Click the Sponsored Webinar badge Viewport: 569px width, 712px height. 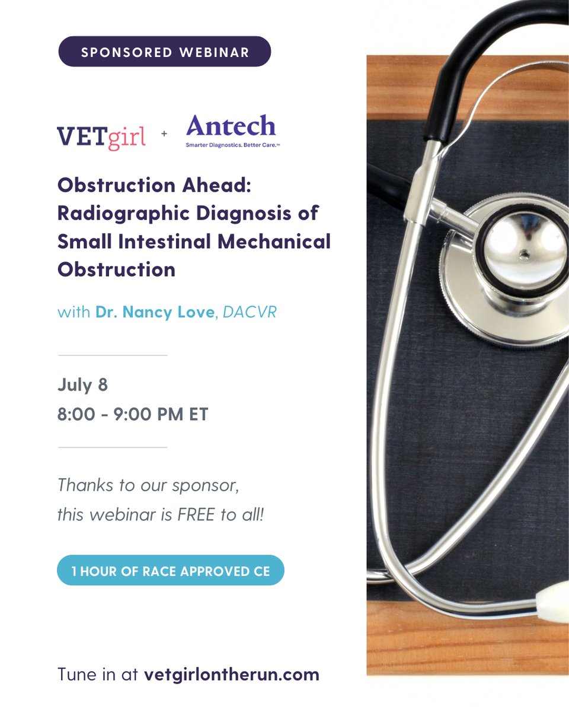pyautogui.click(x=164, y=52)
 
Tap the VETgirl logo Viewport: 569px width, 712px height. pyautogui.click(x=101, y=136)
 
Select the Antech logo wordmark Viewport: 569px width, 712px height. pyautogui.click(x=231, y=126)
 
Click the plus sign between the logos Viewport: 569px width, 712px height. pyautogui.click(x=164, y=135)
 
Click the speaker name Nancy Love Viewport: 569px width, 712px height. pyautogui.click(x=155, y=312)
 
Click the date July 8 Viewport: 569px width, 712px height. pyautogui.click(x=82, y=385)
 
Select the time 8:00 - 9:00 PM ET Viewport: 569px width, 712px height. pyautogui.click(x=133, y=414)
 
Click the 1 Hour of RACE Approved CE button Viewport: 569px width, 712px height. pyautogui.click(x=171, y=571)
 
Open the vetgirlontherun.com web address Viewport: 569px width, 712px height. pyautogui.click(x=231, y=675)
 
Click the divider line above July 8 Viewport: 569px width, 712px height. pyautogui.click(x=113, y=355)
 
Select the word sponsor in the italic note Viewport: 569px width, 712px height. pyautogui.click(x=204, y=485)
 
